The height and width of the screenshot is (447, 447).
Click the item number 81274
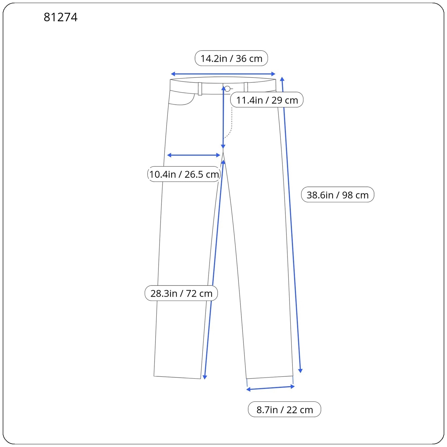point(61,17)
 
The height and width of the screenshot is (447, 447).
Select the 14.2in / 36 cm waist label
point(231,58)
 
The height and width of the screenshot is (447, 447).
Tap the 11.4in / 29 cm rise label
point(267,100)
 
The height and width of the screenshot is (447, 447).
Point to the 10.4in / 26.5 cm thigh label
point(184,174)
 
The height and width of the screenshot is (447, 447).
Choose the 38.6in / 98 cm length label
point(337,195)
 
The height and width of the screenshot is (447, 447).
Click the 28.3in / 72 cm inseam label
point(181,293)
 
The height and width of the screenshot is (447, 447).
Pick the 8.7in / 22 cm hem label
point(284,410)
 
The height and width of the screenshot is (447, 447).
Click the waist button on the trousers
point(227,89)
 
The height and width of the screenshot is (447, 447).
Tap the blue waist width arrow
point(223,74)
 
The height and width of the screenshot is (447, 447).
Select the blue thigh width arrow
point(194,155)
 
